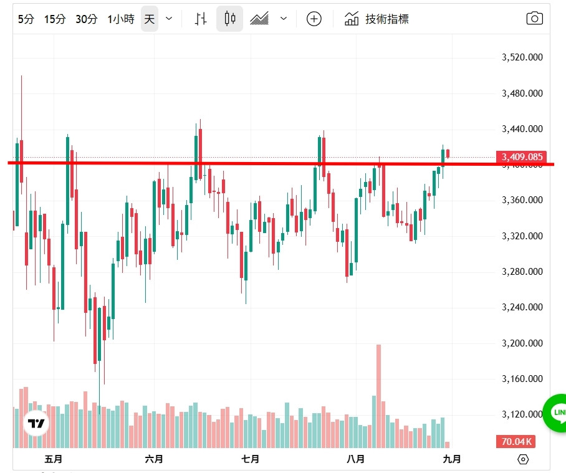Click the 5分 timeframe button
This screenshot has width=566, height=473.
(x=26, y=19)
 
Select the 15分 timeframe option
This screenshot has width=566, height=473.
(x=55, y=19)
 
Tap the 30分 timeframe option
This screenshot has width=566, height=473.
(x=87, y=19)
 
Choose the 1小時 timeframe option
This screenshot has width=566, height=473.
(x=120, y=19)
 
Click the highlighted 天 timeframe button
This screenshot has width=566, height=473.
(x=149, y=19)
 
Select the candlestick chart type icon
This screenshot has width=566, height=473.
(x=230, y=19)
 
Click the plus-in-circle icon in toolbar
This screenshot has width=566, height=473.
(x=314, y=19)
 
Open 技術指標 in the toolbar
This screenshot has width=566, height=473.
(x=377, y=19)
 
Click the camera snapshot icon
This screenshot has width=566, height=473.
(x=534, y=19)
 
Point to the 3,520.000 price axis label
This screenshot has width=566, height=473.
(x=522, y=57)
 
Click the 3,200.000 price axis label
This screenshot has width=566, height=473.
(x=522, y=343)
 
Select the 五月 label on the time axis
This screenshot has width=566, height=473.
(x=54, y=459)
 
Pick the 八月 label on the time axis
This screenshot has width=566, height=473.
(x=355, y=459)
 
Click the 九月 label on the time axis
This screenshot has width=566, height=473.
(x=452, y=459)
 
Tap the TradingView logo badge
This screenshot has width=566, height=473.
(x=36, y=424)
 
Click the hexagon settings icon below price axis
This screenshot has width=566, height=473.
(x=523, y=460)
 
